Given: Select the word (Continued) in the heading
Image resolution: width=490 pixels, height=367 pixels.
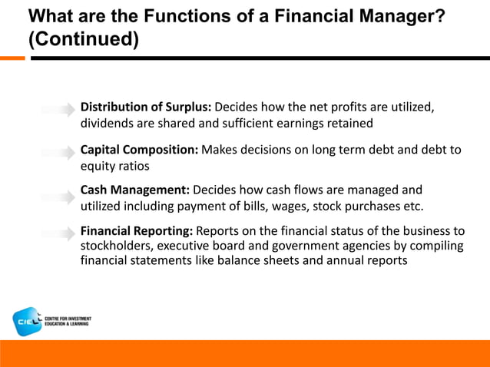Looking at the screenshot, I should tap(83, 40).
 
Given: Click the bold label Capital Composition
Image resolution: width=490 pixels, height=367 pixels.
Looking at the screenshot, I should tap(140, 150).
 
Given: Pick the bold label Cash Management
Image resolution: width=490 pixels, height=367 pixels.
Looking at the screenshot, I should tap(135, 190).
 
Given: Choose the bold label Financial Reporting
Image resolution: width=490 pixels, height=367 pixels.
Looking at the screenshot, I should tap(137, 231).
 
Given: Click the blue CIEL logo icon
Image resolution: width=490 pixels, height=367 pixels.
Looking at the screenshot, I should tap(28, 322).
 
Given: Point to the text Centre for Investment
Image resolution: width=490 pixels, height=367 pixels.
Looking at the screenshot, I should tap(68, 318).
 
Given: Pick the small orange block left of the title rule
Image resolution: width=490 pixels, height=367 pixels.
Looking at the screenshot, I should tap(12, 58).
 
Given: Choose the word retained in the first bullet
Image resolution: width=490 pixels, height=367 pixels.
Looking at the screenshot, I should tap(349, 123).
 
